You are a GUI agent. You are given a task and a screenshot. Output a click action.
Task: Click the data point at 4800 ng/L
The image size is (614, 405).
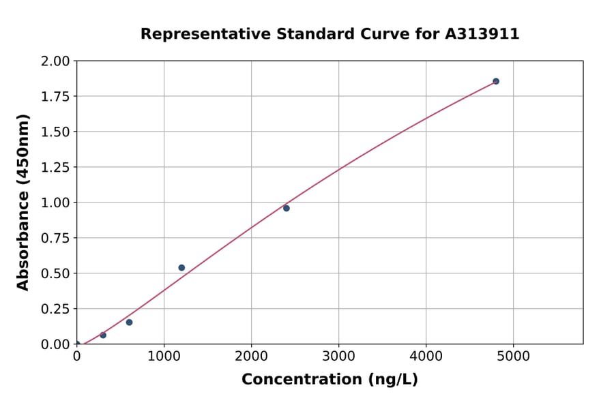[x=496, y=81]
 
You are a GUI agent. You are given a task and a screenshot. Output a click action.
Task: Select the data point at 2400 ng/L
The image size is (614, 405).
[x=287, y=208]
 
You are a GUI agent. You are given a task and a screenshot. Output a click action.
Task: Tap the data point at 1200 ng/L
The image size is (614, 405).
[x=181, y=268]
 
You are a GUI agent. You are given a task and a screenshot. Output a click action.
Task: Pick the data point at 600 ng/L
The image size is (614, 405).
[x=129, y=322]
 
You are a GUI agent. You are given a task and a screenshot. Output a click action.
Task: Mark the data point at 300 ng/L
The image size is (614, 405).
[x=103, y=335]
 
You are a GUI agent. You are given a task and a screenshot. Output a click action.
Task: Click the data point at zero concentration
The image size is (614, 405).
[x=77, y=344]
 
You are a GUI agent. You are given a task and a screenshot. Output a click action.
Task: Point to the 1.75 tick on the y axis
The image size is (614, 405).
[x=55, y=96]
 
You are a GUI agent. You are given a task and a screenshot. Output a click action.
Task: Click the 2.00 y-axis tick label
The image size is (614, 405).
[x=55, y=61]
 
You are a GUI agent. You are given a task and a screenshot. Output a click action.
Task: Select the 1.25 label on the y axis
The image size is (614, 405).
[x=55, y=167]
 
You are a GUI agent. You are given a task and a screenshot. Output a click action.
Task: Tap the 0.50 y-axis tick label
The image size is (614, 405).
[x=55, y=273]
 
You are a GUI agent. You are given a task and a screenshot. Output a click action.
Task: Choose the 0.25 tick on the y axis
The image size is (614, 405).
[x=55, y=309]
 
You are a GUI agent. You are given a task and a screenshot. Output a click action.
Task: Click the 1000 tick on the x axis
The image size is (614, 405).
[x=164, y=356]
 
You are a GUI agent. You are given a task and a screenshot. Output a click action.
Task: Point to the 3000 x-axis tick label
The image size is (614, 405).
[x=339, y=356]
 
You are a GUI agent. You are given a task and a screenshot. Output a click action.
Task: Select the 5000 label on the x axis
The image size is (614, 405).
[x=514, y=356]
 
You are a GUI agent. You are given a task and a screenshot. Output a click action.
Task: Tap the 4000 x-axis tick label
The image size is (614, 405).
[x=426, y=356]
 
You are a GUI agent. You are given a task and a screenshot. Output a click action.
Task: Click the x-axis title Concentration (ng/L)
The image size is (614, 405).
[x=330, y=380]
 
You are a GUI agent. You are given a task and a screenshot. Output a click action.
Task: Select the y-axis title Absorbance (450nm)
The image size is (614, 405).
[x=23, y=202]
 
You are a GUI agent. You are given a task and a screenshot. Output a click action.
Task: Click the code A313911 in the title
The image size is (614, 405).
[x=482, y=34]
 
